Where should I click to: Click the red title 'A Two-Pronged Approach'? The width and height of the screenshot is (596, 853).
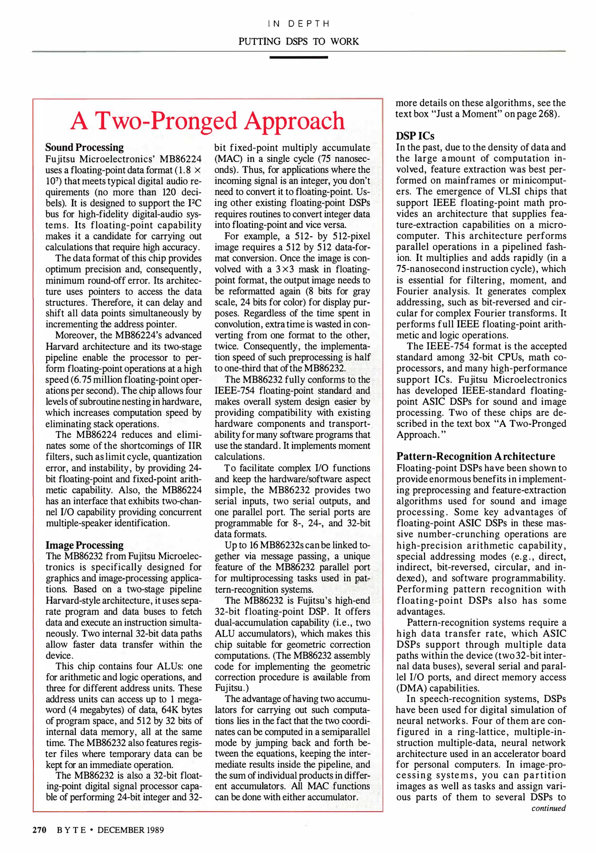pyautogui.click(x=208, y=120)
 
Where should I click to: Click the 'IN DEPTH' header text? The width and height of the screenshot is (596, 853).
pyautogui.click(x=298, y=24)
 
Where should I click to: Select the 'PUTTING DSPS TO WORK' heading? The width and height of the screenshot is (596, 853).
pyautogui.click(x=298, y=41)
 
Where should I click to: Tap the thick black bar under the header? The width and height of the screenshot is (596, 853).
pyautogui.click(x=298, y=58)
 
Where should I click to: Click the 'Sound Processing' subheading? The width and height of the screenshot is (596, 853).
pyautogui.click(x=84, y=147)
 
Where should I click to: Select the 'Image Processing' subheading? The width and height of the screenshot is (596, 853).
pyautogui.click(x=84, y=545)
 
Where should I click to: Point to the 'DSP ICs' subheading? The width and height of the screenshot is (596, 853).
pyautogui.click(x=415, y=136)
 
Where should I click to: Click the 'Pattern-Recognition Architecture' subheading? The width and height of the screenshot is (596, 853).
pyautogui.click(x=475, y=457)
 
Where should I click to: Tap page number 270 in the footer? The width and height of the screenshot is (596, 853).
pyautogui.click(x=39, y=830)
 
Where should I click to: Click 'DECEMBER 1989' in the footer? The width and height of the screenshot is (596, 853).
pyautogui.click(x=130, y=830)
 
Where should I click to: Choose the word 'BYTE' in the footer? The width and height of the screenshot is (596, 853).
pyautogui.click(x=71, y=830)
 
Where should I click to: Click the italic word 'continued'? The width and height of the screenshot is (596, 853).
pyautogui.click(x=548, y=808)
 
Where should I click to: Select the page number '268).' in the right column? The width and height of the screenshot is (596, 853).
pyautogui.click(x=549, y=114)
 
